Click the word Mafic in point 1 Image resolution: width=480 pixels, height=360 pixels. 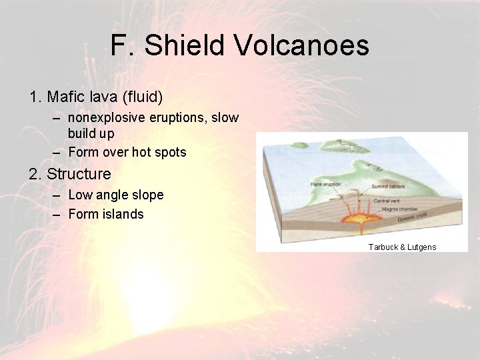[66, 97]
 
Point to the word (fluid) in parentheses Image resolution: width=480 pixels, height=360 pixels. [139, 97]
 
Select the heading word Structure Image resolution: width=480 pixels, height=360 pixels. [79, 175]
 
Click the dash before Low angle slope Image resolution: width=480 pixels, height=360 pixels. [55, 195]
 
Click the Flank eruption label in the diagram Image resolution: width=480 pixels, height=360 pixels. [325, 184]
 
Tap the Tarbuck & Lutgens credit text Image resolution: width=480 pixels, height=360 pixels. [402, 247]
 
